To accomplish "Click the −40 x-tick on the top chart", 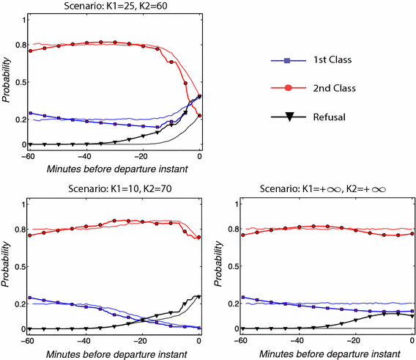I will pyautogui.click(x=86, y=156).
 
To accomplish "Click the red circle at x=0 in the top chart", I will pyautogui.click(x=200, y=116).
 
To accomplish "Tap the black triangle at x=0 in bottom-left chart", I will pyautogui.click(x=199, y=297).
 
